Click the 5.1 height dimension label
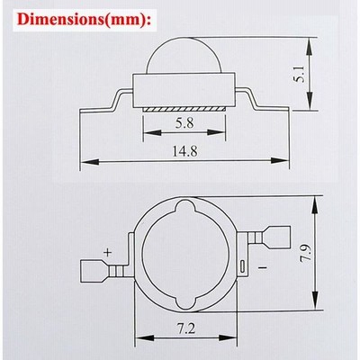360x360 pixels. point(300,74)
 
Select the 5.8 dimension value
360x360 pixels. point(184,122)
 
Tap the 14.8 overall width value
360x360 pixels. point(184,151)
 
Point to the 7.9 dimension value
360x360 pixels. point(307,254)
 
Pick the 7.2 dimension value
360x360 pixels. point(186,328)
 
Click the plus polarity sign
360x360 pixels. point(107,252)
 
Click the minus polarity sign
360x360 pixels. point(262,266)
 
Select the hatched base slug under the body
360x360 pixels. point(184,109)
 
